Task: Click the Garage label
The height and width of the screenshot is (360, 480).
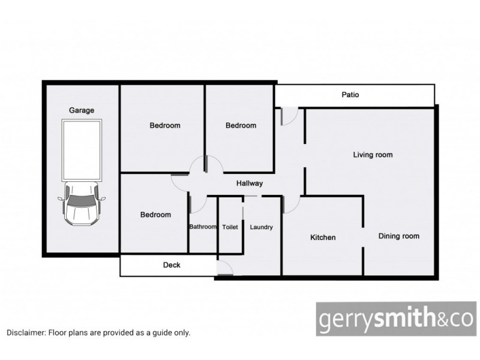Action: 82,110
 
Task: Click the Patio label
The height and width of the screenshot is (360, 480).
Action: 350,95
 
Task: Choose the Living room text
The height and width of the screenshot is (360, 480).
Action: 373,155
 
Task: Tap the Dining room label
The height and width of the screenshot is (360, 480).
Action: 398,236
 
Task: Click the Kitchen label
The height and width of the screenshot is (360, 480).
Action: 323,238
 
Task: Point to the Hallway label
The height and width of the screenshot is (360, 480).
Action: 249,184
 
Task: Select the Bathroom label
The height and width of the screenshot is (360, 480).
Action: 203,227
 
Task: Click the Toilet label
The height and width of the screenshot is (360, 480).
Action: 230,227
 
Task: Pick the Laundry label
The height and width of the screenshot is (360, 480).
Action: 261,227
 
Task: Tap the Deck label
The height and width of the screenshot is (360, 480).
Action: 172,265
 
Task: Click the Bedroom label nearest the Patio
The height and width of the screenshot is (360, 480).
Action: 241,125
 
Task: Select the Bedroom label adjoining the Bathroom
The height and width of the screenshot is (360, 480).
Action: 155,215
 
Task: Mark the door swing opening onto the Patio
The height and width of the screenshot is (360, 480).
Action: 289,116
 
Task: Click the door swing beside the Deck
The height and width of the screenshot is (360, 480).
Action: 224,268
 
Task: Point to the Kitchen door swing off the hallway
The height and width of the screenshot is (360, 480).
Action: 290,205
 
